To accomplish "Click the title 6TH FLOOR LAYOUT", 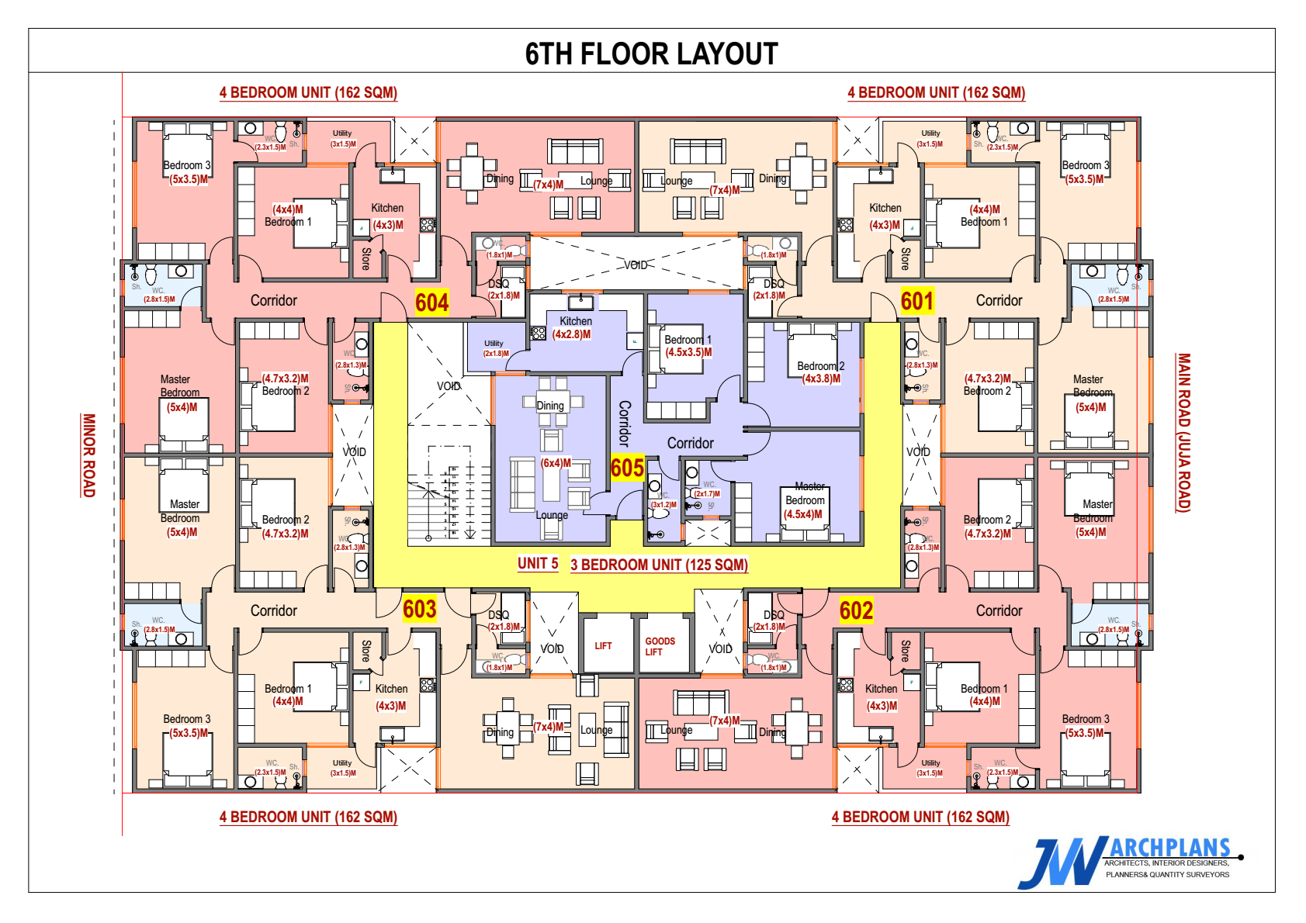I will click(651, 54).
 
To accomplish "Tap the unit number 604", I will click(431, 302).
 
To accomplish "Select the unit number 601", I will click(916, 301).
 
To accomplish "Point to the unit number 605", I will click(627, 468).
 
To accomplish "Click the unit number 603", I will click(419, 610).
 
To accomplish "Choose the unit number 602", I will click(856, 611).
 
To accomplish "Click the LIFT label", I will click(603, 646).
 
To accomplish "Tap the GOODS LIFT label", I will click(660, 647).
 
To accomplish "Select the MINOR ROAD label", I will click(89, 455).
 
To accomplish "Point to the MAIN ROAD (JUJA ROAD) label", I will click(1183, 432).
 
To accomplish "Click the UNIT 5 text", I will click(538, 564).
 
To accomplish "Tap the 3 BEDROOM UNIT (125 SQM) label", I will click(659, 565).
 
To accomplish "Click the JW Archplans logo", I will click(1129, 862).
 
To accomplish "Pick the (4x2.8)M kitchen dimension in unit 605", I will click(572, 334).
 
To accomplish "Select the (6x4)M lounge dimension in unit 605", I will click(556, 463).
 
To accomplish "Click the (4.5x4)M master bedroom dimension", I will click(803, 514).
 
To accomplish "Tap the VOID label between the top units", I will click(636, 265).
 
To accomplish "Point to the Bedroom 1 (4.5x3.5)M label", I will click(688, 346).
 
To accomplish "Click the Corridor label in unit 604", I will click(273, 301).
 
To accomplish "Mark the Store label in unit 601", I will click(905, 259).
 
